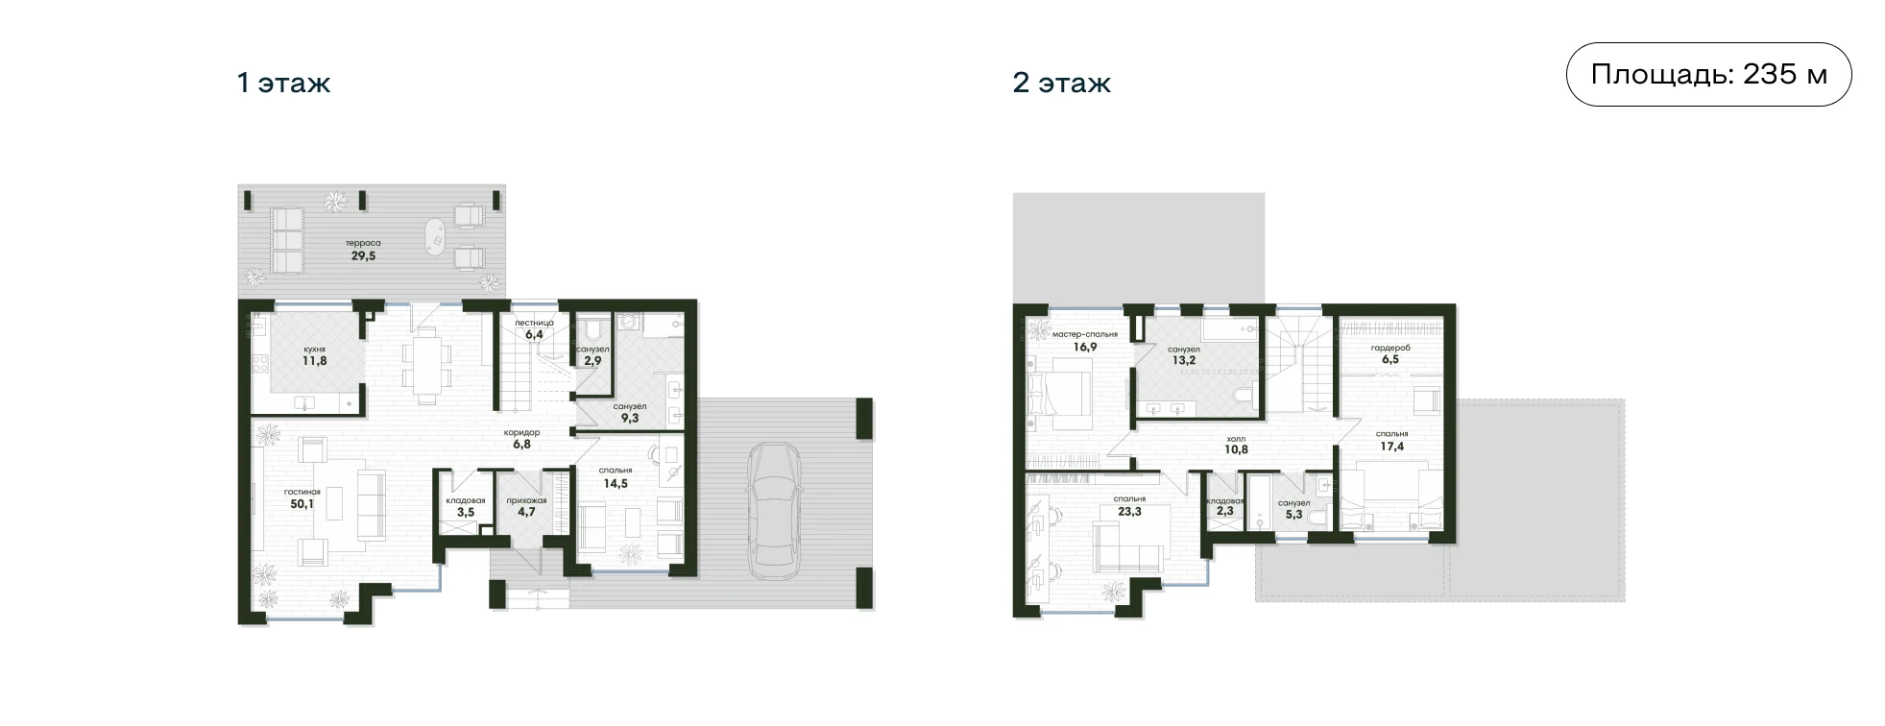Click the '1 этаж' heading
283,84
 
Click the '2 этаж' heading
1061,84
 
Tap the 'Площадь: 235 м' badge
1708,74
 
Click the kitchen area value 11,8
314,362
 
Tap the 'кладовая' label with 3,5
466,500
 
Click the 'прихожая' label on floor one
526,500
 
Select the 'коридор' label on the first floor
521,433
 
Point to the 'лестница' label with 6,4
534,323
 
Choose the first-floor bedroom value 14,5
615,484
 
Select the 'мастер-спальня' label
1085,335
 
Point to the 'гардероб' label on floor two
1390,349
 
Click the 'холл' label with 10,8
1236,437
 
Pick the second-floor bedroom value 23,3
1130,512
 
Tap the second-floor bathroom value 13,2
1184,362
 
